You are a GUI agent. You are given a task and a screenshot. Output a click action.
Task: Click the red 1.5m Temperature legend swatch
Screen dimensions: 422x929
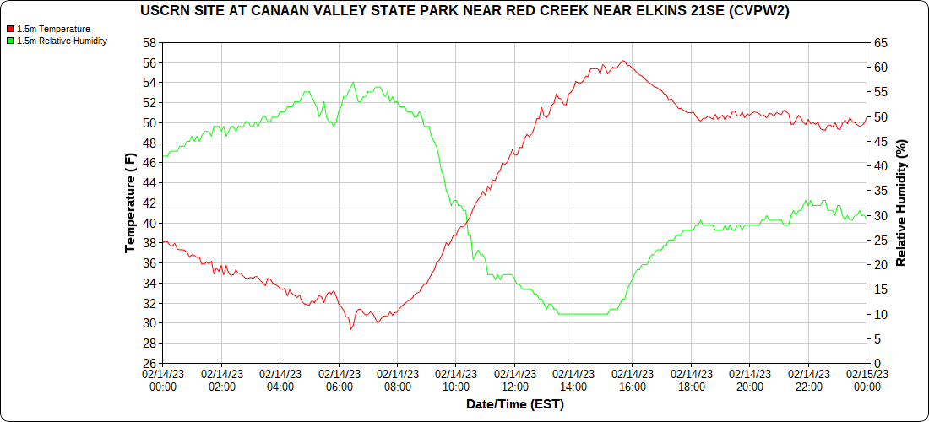click(x=10, y=29)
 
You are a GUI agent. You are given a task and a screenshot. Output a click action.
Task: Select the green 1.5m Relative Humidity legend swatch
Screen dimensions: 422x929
click(x=10, y=41)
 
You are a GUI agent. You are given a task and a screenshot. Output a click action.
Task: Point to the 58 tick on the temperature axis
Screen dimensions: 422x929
click(x=149, y=42)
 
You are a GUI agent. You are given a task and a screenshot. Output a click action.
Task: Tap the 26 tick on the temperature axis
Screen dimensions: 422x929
click(x=149, y=364)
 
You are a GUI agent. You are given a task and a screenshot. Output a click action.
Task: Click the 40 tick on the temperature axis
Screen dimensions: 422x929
click(x=149, y=223)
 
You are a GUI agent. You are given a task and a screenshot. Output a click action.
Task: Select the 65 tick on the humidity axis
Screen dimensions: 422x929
click(x=880, y=42)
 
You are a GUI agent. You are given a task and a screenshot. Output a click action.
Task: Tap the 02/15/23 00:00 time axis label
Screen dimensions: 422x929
click(x=867, y=381)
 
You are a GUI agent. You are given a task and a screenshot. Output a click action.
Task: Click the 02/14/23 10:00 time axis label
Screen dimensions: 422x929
click(x=456, y=381)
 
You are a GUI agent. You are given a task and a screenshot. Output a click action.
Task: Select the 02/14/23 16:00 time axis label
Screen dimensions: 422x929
click(x=632, y=381)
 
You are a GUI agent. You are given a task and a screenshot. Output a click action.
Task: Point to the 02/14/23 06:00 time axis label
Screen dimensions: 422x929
click(x=339, y=381)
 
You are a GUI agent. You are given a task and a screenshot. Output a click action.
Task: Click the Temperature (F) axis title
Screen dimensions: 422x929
click(x=130, y=203)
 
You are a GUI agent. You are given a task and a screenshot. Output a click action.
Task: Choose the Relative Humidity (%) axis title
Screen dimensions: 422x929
click(x=901, y=203)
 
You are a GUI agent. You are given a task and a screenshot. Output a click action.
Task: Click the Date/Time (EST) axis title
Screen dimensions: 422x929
click(x=514, y=404)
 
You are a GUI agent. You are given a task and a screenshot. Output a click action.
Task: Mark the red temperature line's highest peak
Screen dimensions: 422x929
click(x=622, y=61)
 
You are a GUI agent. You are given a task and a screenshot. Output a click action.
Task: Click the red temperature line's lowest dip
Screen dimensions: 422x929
click(x=350, y=329)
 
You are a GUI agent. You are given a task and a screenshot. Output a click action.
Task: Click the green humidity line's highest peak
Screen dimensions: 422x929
click(x=353, y=82)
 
